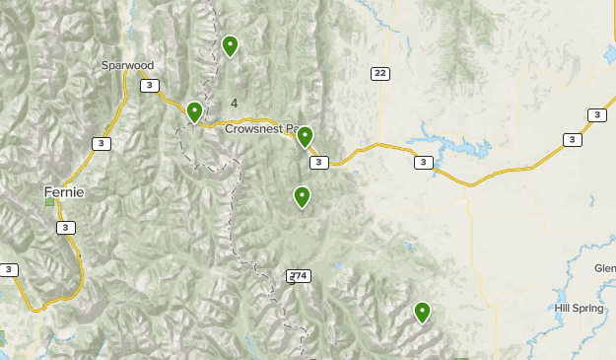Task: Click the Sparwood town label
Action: click(x=128, y=65)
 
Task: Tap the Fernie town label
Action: click(x=64, y=191)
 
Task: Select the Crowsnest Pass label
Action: click(x=260, y=128)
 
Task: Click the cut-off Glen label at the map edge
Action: click(x=604, y=268)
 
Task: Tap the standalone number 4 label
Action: click(x=235, y=103)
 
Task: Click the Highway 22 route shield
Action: click(x=380, y=74)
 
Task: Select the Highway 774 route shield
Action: click(x=300, y=276)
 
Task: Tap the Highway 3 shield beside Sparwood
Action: click(x=149, y=86)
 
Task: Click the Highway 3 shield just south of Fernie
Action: click(x=65, y=228)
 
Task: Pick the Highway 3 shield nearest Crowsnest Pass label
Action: click(x=317, y=163)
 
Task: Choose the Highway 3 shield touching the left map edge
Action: click(x=8, y=269)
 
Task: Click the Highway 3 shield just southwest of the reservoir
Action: click(x=423, y=163)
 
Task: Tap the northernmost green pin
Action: click(x=230, y=45)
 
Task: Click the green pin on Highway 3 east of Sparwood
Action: click(x=195, y=112)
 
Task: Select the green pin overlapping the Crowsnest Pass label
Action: click(x=305, y=137)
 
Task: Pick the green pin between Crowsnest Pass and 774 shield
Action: click(x=302, y=197)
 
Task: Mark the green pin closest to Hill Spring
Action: click(x=422, y=313)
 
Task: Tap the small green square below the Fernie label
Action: click(x=49, y=201)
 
